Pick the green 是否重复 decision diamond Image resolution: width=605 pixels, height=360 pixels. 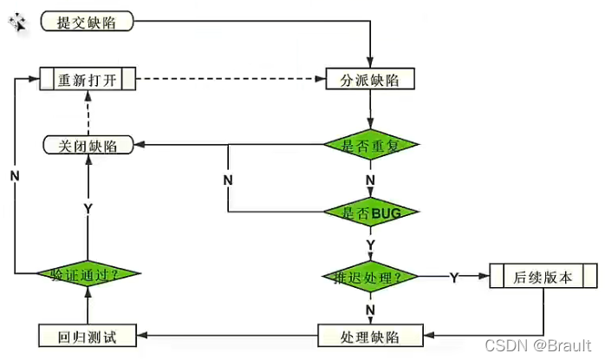[x=370, y=144]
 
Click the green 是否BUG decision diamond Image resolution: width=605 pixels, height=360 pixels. [x=370, y=211]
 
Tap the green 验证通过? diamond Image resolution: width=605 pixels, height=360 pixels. [x=88, y=274]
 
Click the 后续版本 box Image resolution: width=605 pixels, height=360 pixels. [x=543, y=278]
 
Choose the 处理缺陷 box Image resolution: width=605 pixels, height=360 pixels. [x=370, y=334]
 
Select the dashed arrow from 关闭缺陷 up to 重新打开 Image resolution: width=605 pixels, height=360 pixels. [x=88, y=113]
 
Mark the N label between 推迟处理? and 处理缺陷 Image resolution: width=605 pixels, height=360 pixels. [x=370, y=308]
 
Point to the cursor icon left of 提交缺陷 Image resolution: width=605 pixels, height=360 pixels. [x=18, y=23]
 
